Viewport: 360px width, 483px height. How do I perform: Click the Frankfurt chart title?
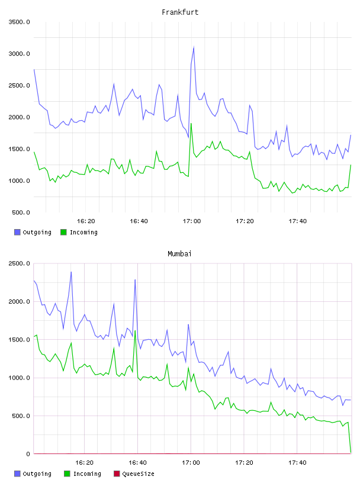click(x=180, y=12)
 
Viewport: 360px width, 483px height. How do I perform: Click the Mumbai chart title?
click(x=179, y=254)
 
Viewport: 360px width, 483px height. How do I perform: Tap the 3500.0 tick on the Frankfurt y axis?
click(x=19, y=22)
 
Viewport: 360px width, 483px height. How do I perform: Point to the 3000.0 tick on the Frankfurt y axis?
click(x=19, y=54)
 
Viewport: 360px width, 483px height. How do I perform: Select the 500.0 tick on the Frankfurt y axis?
click(x=21, y=212)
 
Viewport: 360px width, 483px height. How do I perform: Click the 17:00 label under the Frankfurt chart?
click(x=192, y=221)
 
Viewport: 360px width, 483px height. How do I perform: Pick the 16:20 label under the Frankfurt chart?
click(x=86, y=221)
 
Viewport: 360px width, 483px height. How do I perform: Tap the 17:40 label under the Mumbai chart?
click(x=297, y=463)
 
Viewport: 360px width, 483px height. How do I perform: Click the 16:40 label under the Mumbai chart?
click(x=137, y=463)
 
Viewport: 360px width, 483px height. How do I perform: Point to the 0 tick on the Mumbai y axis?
click(x=28, y=454)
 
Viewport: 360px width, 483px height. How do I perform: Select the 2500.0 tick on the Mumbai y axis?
click(x=19, y=263)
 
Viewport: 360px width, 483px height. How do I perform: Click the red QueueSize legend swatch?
click(x=117, y=474)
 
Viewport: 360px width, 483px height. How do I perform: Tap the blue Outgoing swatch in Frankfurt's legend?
click(x=17, y=232)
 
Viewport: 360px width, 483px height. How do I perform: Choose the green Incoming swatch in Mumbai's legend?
click(x=67, y=474)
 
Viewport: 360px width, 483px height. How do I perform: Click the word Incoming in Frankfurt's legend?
click(x=83, y=232)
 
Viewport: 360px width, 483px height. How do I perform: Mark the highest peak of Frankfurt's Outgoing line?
click(x=194, y=47)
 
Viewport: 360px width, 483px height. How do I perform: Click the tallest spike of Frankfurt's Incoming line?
click(x=191, y=124)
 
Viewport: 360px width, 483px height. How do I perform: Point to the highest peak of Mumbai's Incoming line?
click(x=135, y=331)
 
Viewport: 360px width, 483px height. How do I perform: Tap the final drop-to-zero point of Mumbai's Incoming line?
click(x=351, y=452)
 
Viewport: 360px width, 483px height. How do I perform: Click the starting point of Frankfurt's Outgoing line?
click(x=34, y=70)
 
